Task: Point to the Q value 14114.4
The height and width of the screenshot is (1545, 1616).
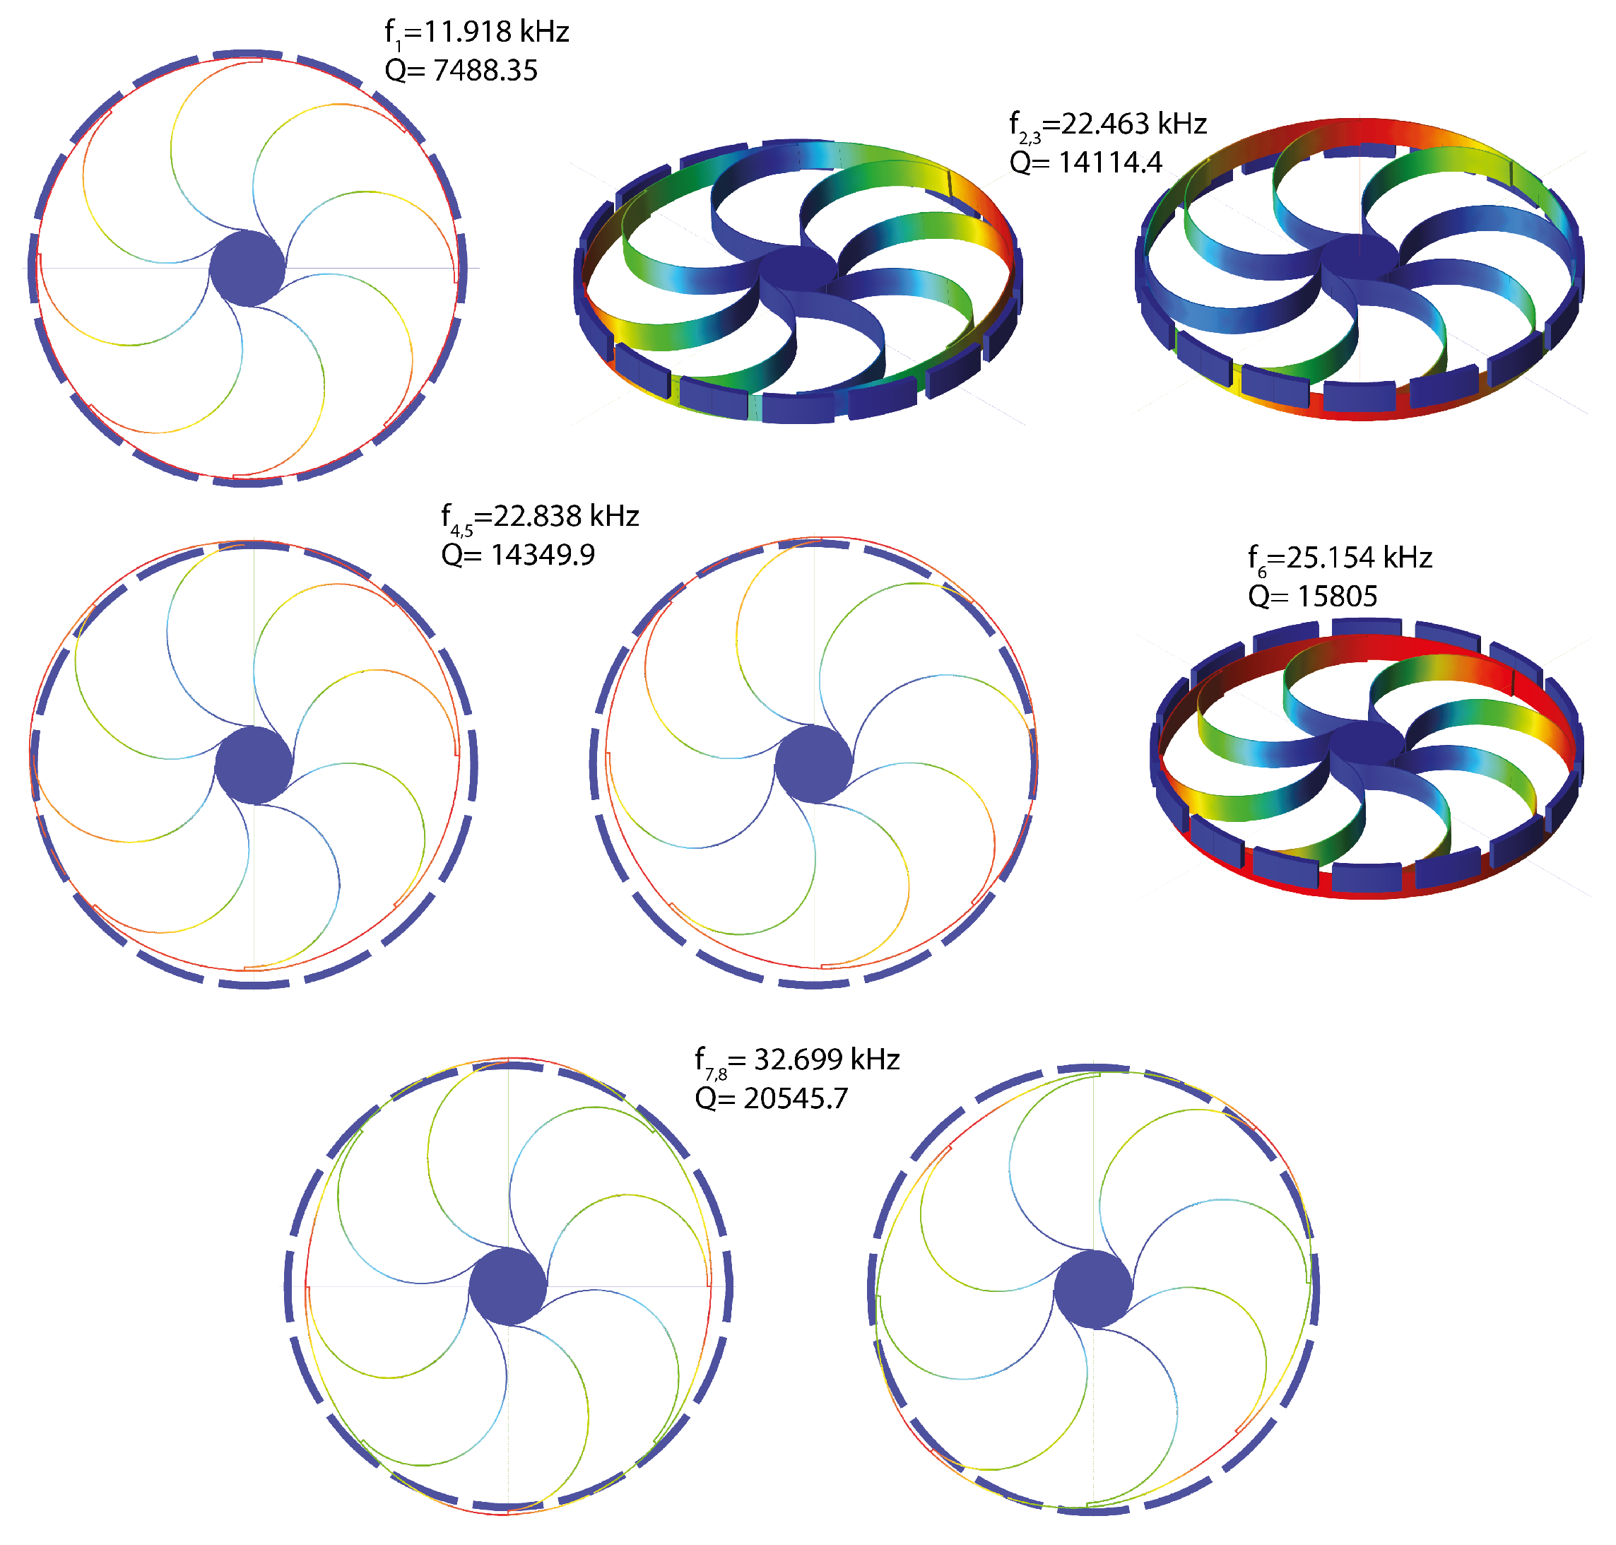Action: coord(1086,163)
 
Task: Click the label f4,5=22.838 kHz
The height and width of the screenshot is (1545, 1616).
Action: coord(540,517)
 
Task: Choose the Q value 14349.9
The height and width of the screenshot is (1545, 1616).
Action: coord(518,555)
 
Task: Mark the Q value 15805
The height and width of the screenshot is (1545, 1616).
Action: coord(1312,597)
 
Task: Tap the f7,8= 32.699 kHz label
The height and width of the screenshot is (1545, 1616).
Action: coord(797,1061)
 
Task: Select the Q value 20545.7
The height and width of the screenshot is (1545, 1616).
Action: coord(772,1098)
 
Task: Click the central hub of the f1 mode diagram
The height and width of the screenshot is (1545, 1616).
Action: coord(247,269)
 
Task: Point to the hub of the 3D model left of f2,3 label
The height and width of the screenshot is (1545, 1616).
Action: coord(797,269)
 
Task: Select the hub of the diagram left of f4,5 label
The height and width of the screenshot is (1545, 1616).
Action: coord(254,764)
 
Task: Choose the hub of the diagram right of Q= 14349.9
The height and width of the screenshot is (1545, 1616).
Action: coord(813,763)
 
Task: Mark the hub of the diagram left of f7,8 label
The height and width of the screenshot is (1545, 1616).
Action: coord(508,1286)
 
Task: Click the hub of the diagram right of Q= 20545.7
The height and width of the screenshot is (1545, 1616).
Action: coord(1093,1289)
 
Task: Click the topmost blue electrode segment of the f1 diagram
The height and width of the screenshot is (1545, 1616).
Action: coord(248,54)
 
